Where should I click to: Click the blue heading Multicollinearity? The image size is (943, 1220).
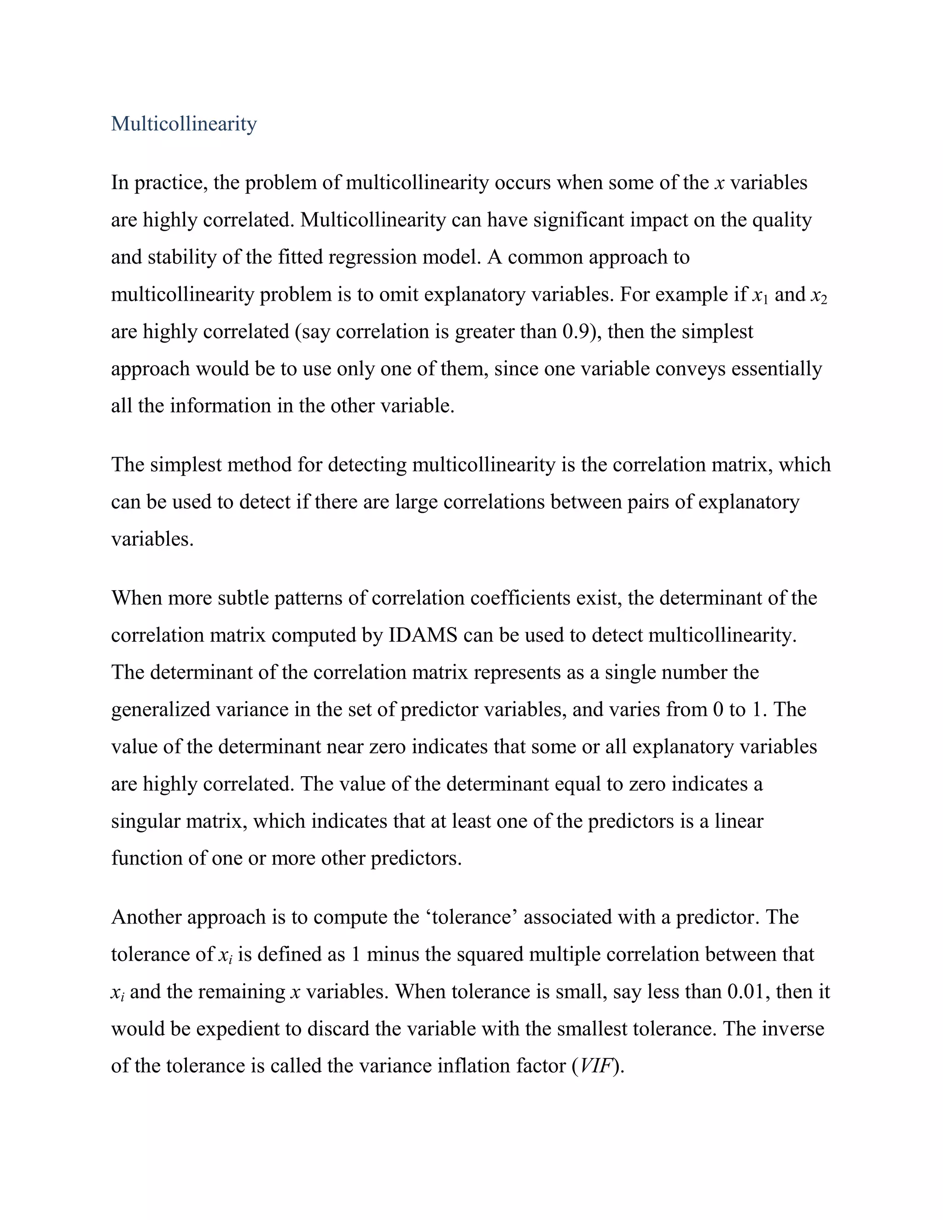184,124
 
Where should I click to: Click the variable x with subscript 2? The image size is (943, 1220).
818,296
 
